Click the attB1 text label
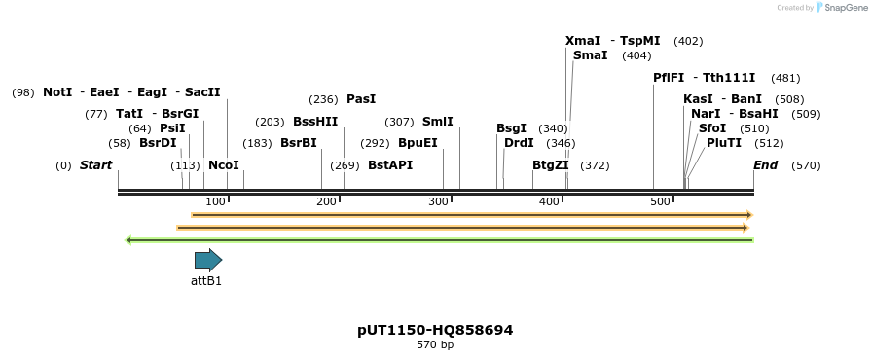pyautogui.click(x=206, y=281)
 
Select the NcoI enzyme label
pyautogui.click(x=223, y=165)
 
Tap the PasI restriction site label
pyautogui.click(x=360, y=99)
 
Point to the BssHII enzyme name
pyautogui.click(x=315, y=122)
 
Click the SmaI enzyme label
pyautogui.click(x=590, y=55)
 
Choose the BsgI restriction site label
pyautogui.click(x=511, y=128)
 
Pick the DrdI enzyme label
pyautogui.click(x=519, y=143)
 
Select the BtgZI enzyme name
pyautogui.click(x=550, y=165)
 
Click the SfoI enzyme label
pyautogui.click(x=712, y=128)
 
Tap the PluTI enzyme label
pyautogui.click(x=724, y=143)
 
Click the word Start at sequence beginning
pyautogui.click(x=95, y=165)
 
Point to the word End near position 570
pyautogui.click(x=765, y=165)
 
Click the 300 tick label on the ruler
pyautogui.click(x=439, y=201)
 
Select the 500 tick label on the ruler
pyautogui.click(x=661, y=201)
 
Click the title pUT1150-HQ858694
pyautogui.click(x=435, y=330)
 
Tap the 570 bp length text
pyautogui.click(x=435, y=345)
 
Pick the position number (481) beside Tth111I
pyautogui.click(x=785, y=78)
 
